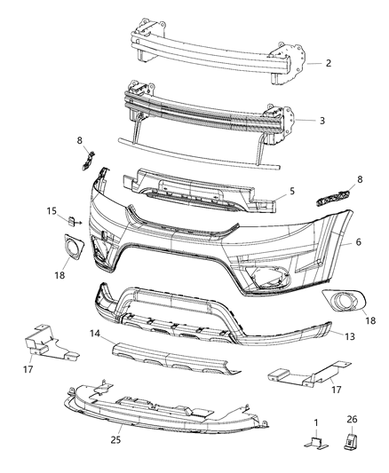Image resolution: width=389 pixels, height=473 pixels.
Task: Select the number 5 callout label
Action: click(x=290, y=190)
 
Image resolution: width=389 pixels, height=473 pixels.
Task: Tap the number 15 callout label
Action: click(x=54, y=211)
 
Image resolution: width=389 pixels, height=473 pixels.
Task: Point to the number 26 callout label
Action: click(x=352, y=420)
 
